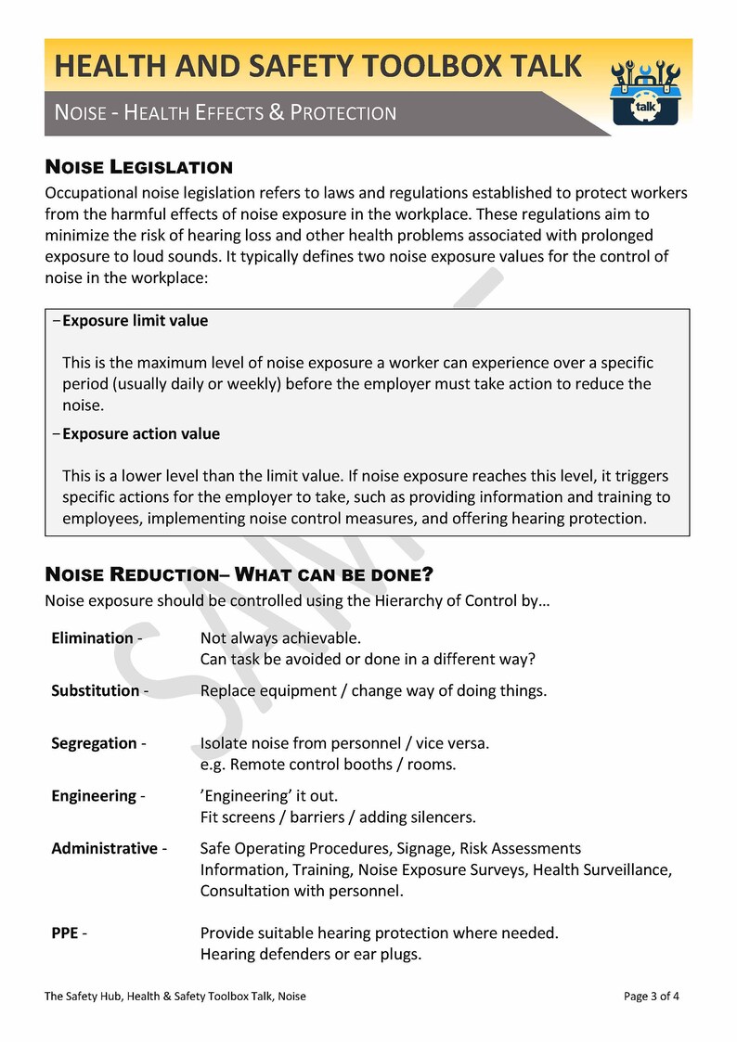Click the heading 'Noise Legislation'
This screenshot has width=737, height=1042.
click(x=138, y=168)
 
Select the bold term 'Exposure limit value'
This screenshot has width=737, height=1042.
click(x=135, y=321)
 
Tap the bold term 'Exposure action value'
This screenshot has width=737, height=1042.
click(x=140, y=434)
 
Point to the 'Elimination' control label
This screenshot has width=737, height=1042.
click(x=92, y=638)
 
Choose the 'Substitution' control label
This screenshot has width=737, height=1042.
click(x=95, y=691)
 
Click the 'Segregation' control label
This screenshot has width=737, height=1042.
click(x=94, y=744)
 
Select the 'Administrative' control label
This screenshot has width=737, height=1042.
click(x=104, y=849)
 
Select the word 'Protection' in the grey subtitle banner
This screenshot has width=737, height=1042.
click(x=343, y=113)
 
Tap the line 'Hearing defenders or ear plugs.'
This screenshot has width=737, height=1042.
click(x=311, y=954)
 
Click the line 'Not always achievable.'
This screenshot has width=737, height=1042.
click(x=280, y=638)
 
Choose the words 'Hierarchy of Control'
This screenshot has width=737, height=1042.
click(x=432, y=600)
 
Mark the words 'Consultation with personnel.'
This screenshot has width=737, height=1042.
click(x=302, y=892)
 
